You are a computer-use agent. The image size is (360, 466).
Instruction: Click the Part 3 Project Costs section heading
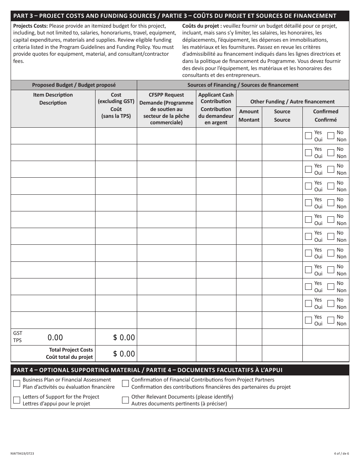click(175, 16)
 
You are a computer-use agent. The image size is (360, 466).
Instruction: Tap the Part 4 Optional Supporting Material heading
click(148, 370)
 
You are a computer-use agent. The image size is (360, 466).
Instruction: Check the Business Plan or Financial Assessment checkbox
click(17, 383)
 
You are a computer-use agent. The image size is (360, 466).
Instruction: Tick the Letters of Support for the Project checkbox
click(17, 400)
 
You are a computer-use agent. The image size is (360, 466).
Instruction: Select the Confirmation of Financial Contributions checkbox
click(125, 383)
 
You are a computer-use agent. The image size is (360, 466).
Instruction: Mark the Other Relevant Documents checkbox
click(125, 400)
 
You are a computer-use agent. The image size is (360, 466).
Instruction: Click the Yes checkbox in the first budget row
click(308, 136)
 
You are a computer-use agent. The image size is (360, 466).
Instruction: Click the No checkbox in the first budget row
click(331, 136)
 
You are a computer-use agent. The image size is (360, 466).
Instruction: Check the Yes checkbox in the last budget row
click(308, 320)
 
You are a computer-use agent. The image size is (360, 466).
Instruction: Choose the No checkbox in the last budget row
click(331, 320)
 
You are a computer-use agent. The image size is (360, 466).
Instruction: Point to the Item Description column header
click(53, 99)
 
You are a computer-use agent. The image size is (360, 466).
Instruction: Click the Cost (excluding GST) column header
click(116, 105)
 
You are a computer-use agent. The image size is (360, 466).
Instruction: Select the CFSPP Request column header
click(166, 108)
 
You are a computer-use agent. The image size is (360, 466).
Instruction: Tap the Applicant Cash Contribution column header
click(216, 108)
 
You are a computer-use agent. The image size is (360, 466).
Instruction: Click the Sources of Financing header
click(243, 85)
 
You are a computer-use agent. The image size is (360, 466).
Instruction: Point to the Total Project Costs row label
click(70, 353)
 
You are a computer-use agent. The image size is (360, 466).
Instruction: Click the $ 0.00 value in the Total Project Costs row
click(124, 354)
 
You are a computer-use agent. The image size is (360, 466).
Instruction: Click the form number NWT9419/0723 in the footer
click(23, 453)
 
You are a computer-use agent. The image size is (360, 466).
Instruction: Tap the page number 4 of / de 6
click(341, 453)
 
